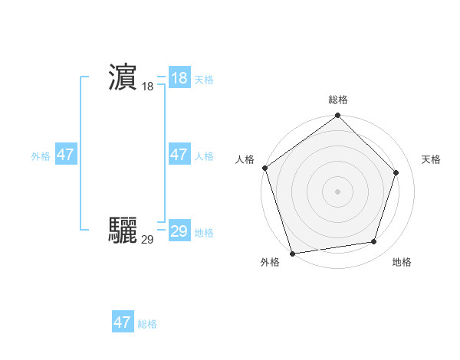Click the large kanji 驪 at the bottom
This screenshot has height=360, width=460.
(x=123, y=230)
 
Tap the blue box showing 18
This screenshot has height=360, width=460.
(x=179, y=78)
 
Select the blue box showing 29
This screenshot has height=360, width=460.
(x=179, y=231)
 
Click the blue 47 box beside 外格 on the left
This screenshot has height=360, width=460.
(x=65, y=155)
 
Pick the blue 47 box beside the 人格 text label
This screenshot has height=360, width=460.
(x=179, y=155)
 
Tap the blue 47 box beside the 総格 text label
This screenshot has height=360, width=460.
(x=123, y=322)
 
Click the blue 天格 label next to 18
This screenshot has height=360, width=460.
(x=204, y=80)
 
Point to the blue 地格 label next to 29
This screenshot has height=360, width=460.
(x=204, y=233)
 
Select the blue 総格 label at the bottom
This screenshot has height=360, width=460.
(x=147, y=324)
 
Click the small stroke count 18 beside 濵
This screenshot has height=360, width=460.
(x=147, y=87)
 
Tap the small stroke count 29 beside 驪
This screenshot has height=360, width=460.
(x=147, y=240)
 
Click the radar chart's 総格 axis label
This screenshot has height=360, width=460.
(x=338, y=100)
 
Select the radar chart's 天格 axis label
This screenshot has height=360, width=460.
(x=431, y=159)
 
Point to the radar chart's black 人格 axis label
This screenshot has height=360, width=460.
(x=245, y=159)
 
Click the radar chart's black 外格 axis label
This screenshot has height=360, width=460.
(x=270, y=263)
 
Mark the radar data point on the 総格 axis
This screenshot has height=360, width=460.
(x=338, y=116)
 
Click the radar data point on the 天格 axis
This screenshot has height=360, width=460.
(x=396, y=172)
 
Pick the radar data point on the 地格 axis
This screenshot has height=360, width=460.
(x=374, y=242)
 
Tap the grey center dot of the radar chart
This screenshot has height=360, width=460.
(x=338, y=191)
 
